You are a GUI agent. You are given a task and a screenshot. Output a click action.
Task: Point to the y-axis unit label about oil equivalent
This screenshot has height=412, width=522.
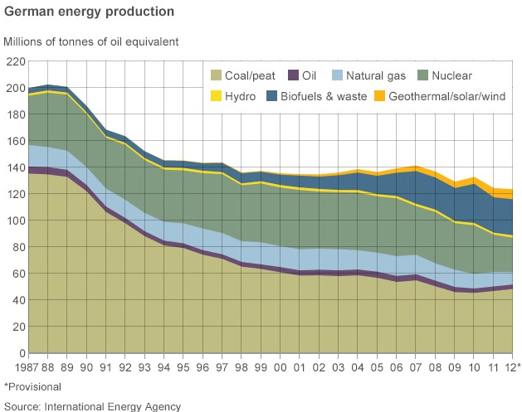click(91, 41)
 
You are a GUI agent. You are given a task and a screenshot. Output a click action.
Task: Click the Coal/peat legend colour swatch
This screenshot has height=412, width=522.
click(218, 75)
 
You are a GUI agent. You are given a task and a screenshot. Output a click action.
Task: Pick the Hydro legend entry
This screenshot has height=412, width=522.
click(237, 97)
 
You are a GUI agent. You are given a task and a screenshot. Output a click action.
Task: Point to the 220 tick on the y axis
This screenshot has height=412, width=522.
click(16, 61)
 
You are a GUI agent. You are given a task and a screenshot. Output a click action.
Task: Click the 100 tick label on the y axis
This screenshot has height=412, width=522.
click(16, 221)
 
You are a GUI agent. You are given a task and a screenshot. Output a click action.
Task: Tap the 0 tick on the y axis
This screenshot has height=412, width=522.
click(22, 353)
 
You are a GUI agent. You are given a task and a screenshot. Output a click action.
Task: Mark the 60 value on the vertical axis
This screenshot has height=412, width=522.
click(18, 274)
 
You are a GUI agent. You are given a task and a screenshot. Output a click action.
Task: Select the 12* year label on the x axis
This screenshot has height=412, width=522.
click(514, 366)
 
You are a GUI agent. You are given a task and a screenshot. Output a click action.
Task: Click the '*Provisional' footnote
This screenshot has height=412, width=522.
click(32, 386)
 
